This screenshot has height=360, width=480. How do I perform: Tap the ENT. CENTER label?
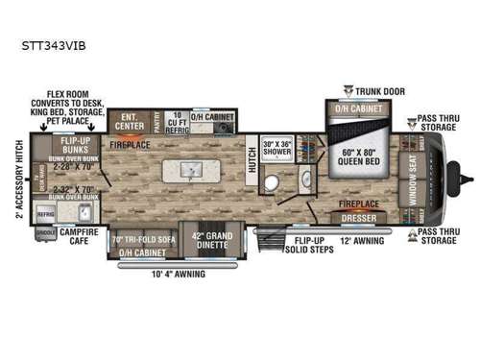click(127, 122)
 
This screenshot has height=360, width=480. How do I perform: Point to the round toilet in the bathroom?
click(273, 185)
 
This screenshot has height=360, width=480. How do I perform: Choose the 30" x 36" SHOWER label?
click(279, 150)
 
